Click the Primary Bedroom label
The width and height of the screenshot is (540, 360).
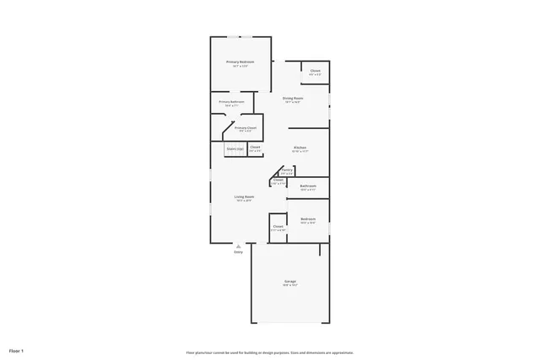(240, 62)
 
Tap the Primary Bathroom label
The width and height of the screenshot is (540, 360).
(231, 102)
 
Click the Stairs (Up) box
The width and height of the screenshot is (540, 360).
(235, 148)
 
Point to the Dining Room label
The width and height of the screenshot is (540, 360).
(293, 99)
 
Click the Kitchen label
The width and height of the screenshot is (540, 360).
(300, 148)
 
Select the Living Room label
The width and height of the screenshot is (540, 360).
(245, 196)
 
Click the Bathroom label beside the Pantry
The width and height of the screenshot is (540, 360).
(308, 185)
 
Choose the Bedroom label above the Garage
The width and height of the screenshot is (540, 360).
(308, 219)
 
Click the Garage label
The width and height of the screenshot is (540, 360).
(289, 281)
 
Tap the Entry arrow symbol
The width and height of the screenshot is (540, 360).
(238, 245)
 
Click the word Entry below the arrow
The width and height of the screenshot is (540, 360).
(238, 252)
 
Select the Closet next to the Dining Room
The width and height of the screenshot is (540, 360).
(315, 71)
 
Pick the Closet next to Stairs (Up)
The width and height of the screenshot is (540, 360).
(255, 148)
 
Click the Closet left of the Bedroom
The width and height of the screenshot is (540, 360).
(278, 227)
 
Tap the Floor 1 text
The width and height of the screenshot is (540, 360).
(17, 350)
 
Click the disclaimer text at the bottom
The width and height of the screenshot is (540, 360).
(269, 352)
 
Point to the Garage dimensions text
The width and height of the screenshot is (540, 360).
(289, 285)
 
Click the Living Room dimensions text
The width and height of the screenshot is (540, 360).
(245, 201)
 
